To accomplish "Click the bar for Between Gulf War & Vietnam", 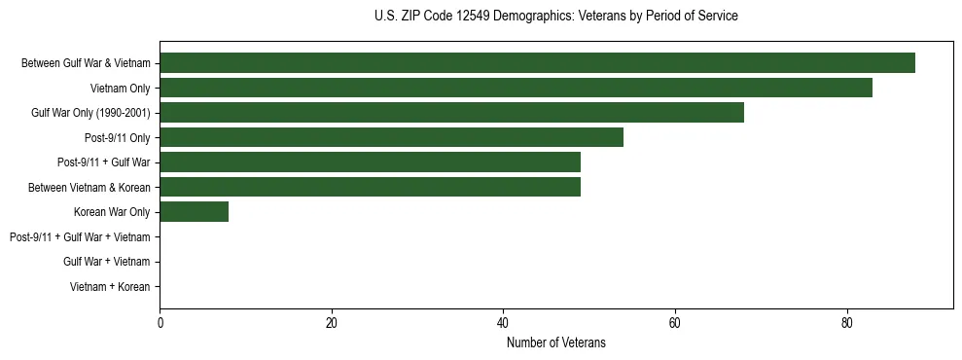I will coord(537,63).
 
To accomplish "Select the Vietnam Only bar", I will coord(516,88).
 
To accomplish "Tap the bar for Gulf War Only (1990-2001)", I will coord(451,113).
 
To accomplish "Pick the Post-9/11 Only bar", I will coord(391,137).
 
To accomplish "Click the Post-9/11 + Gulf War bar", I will coord(370,162).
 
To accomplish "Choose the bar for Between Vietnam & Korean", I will coord(370,187).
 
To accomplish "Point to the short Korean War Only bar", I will coord(194,212).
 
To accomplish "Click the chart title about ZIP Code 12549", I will coord(555,17).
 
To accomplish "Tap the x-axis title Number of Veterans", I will coord(555,342).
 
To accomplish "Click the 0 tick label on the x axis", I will coord(160,323).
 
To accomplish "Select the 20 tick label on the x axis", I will coord(332,323).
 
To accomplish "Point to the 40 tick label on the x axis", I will coord(503,323).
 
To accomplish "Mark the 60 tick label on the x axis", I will coord(675,323).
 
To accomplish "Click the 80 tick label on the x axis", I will coord(847,323).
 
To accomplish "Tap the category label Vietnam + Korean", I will coord(110,287).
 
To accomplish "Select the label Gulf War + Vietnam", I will coord(106,262).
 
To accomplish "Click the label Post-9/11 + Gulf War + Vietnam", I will coord(80,237).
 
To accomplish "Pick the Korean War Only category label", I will coord(112,212).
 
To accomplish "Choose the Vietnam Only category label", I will coord(120,89).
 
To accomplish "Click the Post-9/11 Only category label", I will coord(117,138).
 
